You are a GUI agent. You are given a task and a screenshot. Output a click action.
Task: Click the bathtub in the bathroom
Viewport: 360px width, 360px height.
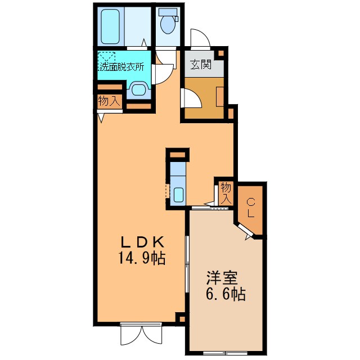click(110, 26)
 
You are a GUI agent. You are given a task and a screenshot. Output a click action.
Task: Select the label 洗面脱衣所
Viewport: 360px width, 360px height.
click(121, 66)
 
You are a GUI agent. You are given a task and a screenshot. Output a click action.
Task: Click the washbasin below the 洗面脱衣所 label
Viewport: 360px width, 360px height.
click(139, 89)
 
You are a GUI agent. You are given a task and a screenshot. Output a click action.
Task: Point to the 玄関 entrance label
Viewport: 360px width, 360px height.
click(201, 65)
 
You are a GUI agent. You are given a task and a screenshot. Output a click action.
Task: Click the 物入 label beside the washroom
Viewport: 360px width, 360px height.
click(109, 101)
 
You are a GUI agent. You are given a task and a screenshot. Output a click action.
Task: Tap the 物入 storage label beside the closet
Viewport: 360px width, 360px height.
click(226, 193)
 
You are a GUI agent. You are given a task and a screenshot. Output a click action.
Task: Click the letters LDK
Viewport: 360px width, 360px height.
click(142, 242)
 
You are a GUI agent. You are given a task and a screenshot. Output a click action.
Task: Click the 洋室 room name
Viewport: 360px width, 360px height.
click(222, 278)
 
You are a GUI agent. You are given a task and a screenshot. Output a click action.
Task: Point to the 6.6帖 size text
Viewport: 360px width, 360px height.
click(226, 294)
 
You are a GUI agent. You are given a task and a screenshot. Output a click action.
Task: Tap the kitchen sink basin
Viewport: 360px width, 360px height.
click(178, 195)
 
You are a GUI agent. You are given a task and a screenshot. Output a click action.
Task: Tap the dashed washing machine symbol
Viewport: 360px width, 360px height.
click(106, 58)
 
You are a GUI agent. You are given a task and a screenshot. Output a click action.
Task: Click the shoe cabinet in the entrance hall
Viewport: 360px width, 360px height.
click(220, 96)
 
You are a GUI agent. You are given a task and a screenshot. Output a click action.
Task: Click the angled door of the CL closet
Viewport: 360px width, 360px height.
click(245, 231)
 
